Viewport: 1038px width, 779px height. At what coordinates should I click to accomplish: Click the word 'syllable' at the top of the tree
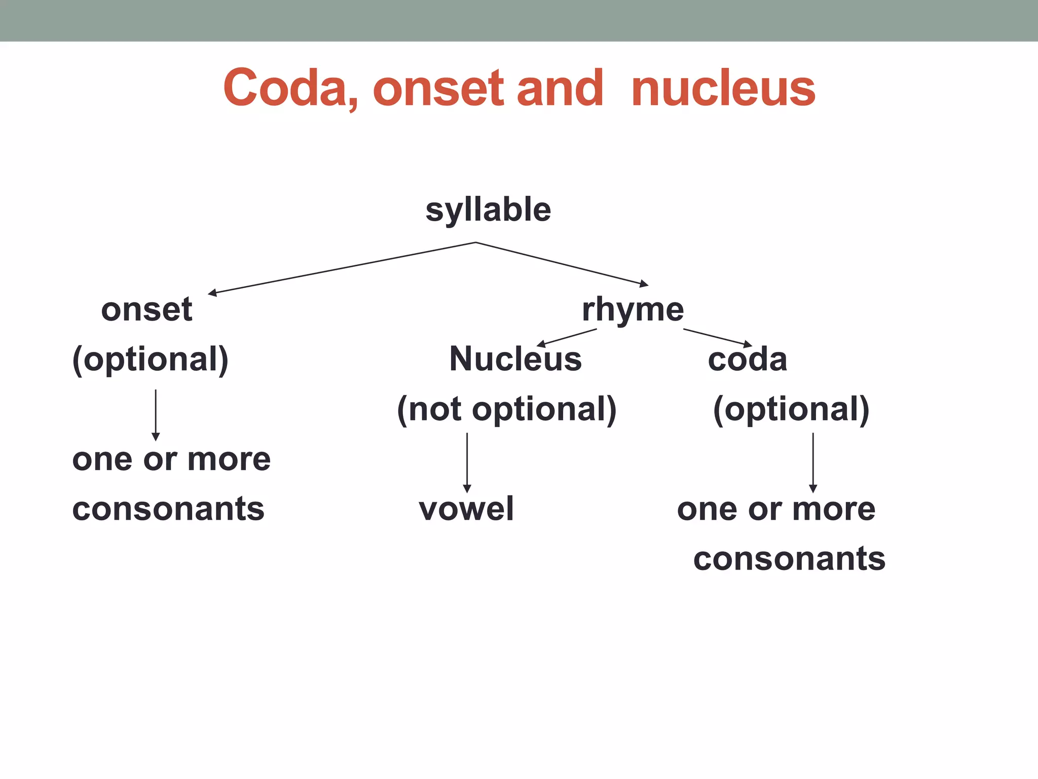pos(488,210)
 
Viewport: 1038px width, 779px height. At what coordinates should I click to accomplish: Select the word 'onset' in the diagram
pos(146,309)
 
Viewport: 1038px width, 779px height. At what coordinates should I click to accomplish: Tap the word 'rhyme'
pos(633,309)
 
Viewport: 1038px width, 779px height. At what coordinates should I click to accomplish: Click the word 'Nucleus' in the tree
pos(515,359)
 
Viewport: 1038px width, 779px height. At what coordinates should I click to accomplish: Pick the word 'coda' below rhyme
pos(747,359)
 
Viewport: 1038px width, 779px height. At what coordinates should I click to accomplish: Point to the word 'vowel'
pos(466,509)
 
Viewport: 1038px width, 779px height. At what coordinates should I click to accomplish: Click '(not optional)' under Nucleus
pos(506,409)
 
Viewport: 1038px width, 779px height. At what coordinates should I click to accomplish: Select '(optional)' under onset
pos(151,359)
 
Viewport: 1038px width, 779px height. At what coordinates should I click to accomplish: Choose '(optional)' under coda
pos(791,409)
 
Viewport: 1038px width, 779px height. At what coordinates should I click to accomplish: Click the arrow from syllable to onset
pos(342,268)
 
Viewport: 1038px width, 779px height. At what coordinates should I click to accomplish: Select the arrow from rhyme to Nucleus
pos(567,337)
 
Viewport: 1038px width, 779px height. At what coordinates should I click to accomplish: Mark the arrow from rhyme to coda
pos(718,338)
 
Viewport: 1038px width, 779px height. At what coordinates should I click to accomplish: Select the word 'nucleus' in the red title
pos(723,88)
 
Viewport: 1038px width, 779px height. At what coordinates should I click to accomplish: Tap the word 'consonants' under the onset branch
pos(168,509)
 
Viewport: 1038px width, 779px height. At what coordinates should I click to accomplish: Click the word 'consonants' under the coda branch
pos(789,558)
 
